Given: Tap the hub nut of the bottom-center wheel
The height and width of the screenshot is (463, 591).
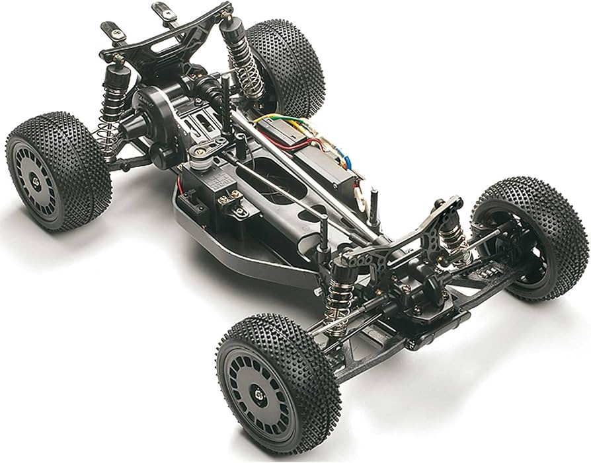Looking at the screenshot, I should (260, 395).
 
